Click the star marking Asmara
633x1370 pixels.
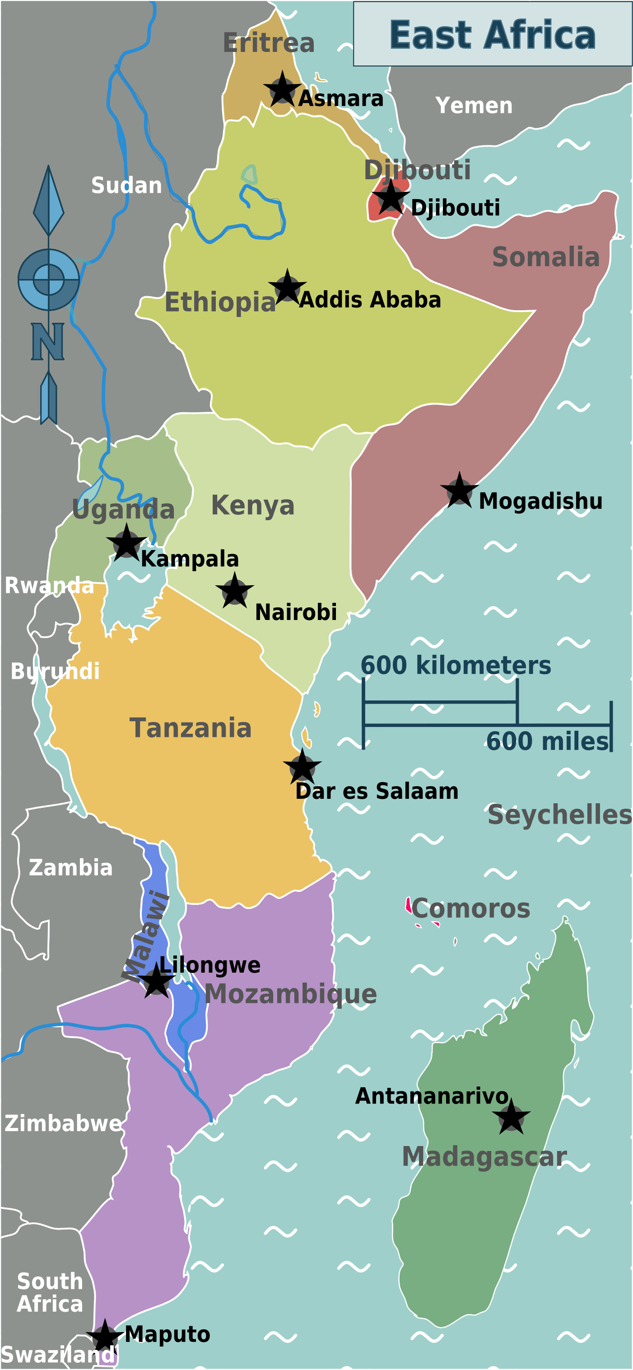point(282,90)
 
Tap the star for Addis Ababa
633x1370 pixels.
point(287,288)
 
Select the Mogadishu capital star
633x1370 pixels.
point(460,491)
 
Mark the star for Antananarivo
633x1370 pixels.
point(511,1118)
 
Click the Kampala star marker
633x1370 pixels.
point(126,543)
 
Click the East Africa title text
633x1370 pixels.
point(493,35)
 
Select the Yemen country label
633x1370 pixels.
point(474,105)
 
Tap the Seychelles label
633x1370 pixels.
point(559,815)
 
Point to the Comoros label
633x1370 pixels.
point(471,909)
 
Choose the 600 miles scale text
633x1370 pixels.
point(547,741)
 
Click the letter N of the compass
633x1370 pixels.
point(48,341)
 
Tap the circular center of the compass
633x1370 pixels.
point(48,279)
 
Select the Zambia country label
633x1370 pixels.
point(71,867)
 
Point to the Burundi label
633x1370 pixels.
point(56,671)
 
